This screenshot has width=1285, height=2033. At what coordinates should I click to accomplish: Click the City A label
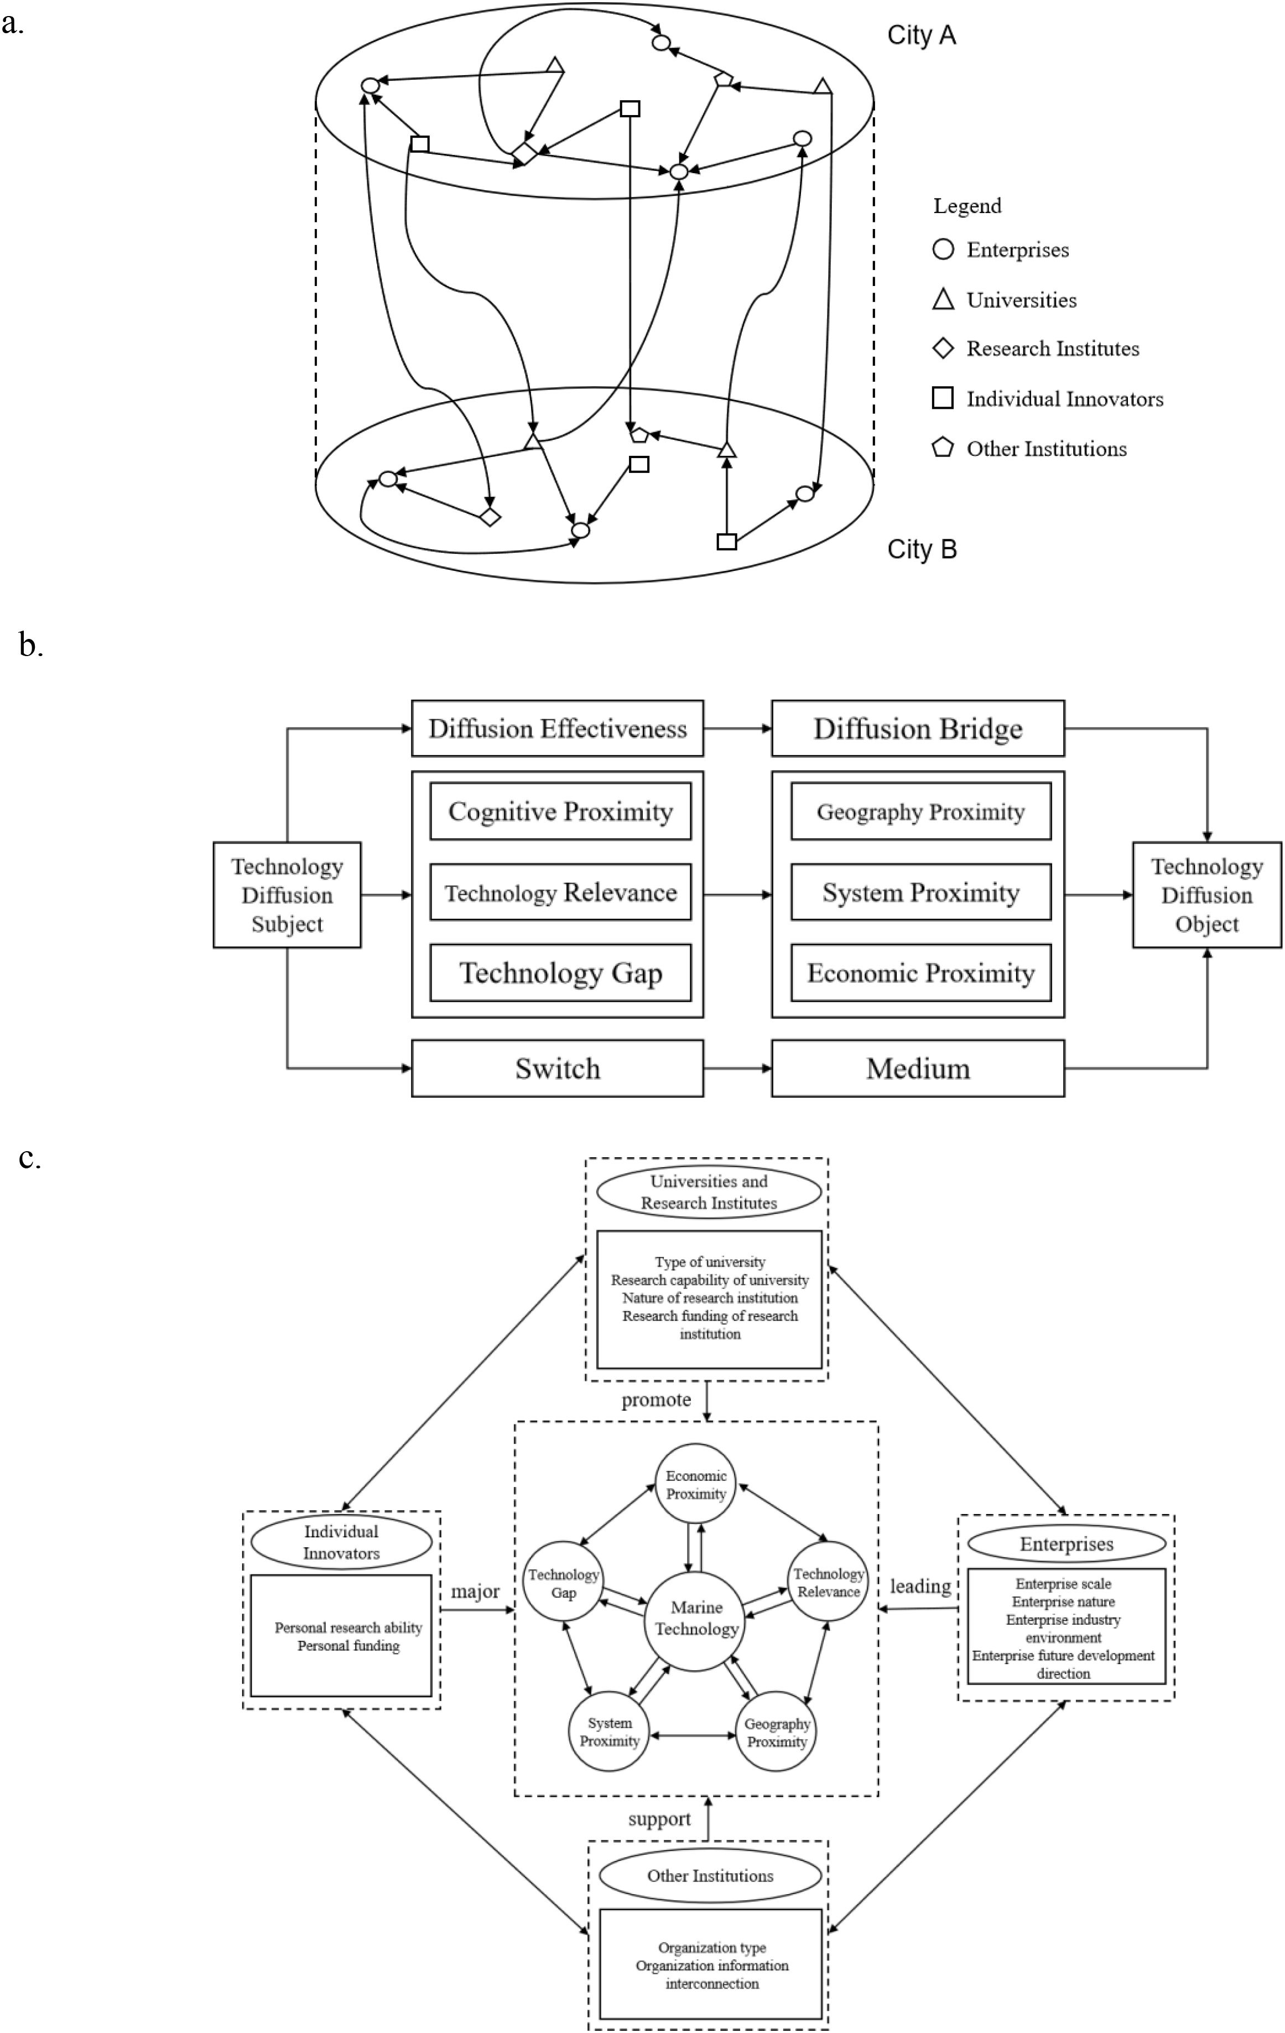(x=921, y=35)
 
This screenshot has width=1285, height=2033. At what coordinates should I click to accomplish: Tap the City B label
(x=921, y=550)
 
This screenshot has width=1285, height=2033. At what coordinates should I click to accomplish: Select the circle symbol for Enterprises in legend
(x=943, y=250)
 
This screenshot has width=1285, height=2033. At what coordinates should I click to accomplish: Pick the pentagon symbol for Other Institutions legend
(x=943, y=448)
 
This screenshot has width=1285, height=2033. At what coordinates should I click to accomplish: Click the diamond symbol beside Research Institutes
(x=943, y=349)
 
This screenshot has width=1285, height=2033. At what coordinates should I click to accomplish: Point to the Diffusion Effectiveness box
(x=557, y=729)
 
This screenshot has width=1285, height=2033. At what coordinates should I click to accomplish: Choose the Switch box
(x=557, y=1069)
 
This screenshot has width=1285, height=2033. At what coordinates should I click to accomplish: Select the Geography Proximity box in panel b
(x=920, y=812)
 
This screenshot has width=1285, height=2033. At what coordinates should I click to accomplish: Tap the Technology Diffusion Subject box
(x=287, y=895)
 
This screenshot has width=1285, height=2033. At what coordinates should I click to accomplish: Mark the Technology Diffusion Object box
(x=1206, y=895)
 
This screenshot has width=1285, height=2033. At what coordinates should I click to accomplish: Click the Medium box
(x=918, y=1069)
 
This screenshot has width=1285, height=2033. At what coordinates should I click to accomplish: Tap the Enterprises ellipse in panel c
(x=1067, y=1544)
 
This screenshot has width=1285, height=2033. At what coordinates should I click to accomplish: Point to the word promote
(x=656, y=1400)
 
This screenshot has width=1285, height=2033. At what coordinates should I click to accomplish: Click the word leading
(x=920, y=1587)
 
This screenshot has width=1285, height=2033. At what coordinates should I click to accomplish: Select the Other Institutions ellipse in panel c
(x=710, y=1876)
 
